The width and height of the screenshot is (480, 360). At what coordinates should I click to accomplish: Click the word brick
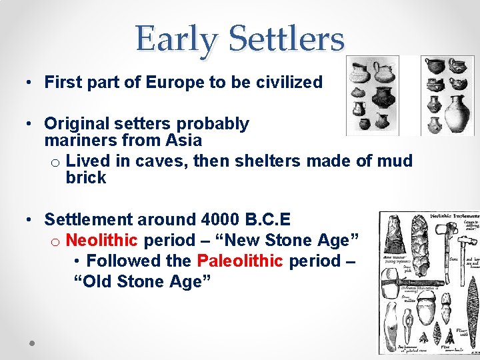point(86,177)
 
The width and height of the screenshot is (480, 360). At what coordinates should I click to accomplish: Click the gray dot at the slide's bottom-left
point(31,343)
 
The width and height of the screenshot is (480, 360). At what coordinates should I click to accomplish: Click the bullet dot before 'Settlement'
point(23,220)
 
